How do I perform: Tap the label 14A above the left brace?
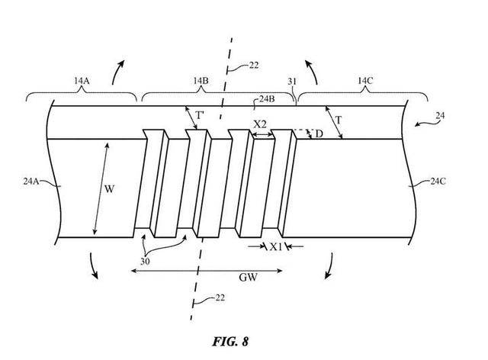[81, 81]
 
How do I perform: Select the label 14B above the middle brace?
[201, 80]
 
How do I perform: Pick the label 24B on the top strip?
[268, 99]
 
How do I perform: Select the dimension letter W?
[109, 188]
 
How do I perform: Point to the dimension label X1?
[277, 247]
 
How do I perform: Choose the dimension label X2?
[261, 124]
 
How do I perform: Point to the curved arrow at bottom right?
[330, 263]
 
